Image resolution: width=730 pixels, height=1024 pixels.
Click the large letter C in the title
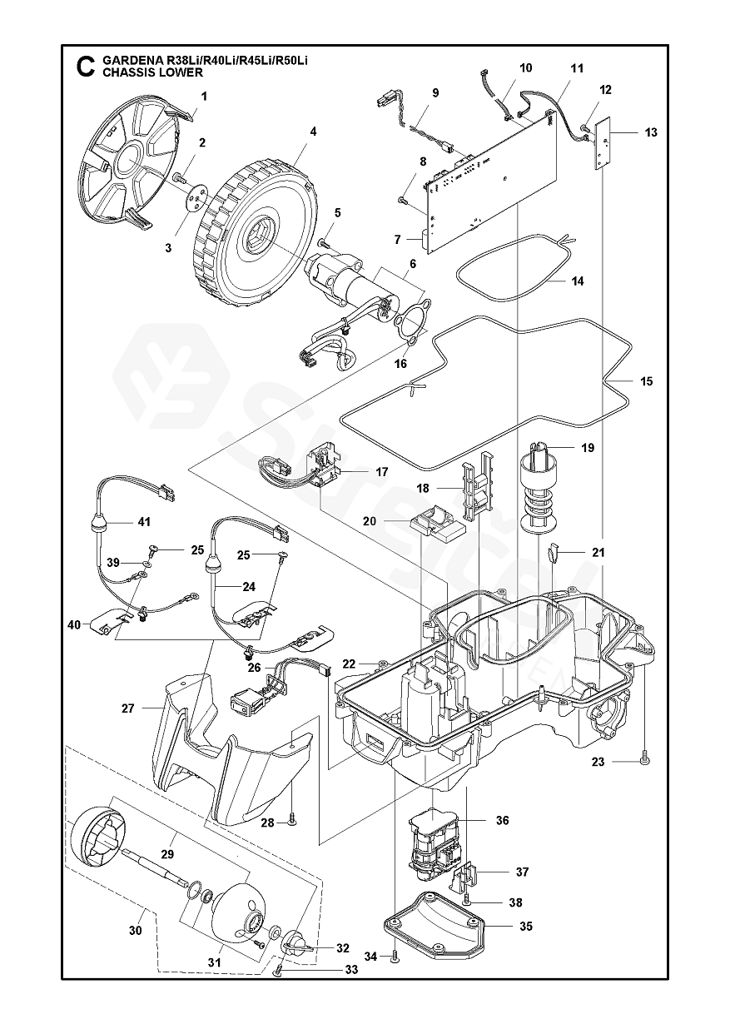[86, 67]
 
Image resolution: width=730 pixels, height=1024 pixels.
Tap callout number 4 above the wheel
[313, 132]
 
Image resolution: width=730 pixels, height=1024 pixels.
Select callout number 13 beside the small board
[650, 132]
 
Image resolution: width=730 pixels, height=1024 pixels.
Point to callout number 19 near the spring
[588, 448]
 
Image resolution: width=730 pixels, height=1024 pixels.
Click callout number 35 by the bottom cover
[526, 926]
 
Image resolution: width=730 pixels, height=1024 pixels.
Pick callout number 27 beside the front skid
[128, 708]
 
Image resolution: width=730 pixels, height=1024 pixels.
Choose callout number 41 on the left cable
[144, 522]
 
